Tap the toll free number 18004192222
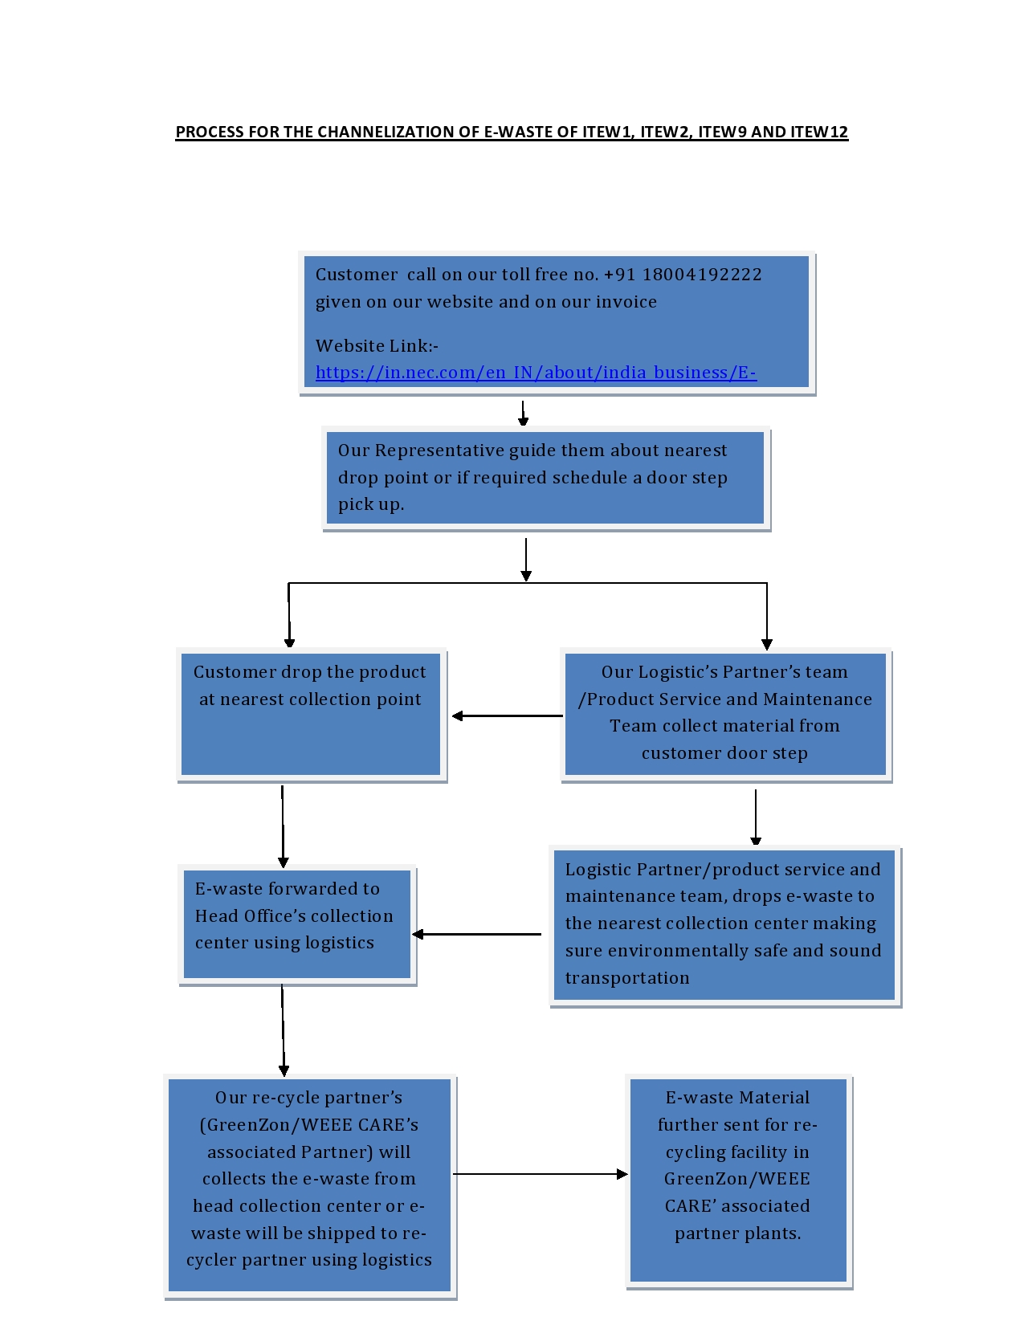click(702, 275)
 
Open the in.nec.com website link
click(536, 372)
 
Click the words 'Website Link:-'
click(377, 346)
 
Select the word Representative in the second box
click(439, 450)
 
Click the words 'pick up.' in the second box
click(371, 505)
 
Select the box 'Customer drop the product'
click(311, 714)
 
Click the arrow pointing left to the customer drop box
click(508, 715)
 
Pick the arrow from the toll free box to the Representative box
click(524, 413)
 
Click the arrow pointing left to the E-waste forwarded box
click(476, 934)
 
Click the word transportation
click(627, 977)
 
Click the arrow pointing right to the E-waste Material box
click(541, 1174)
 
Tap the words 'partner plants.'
click(737, 1233)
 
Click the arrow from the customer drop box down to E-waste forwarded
click(283, 826)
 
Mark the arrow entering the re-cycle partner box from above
click(283, 1029)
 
